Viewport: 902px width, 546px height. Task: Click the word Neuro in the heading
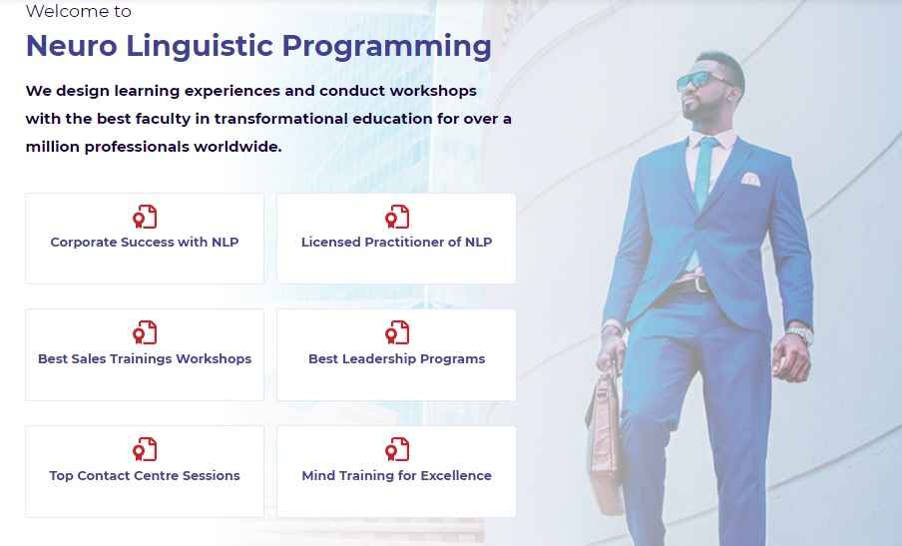(x=72, y=46)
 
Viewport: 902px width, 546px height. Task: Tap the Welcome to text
(x=78, y=11)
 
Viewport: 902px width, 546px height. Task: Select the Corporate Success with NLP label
(x=145, y=243)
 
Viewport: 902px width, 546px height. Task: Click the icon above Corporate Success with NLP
(x=145, y=217)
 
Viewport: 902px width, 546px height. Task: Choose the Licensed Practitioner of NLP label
(x=396, y=243)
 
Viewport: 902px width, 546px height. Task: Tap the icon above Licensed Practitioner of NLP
(x=397, y=217)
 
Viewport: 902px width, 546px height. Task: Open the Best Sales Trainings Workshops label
(x=145, y=359)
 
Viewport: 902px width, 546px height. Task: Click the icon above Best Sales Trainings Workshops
(x=145, y=332)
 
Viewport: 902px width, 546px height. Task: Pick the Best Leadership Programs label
(x=396, y=359)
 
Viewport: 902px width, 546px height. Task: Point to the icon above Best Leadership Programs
(x=397, y=332)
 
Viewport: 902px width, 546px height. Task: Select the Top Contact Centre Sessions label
(x=145, y=476)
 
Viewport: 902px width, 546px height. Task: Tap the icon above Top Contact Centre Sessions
(x=145, y=449)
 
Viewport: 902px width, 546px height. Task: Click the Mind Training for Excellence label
(x=396, y=476)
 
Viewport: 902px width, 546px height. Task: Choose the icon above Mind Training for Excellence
(x=397, y=449)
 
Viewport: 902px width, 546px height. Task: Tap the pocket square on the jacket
(x=750, y=179)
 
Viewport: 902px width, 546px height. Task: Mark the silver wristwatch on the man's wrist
(x=799, y=333)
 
